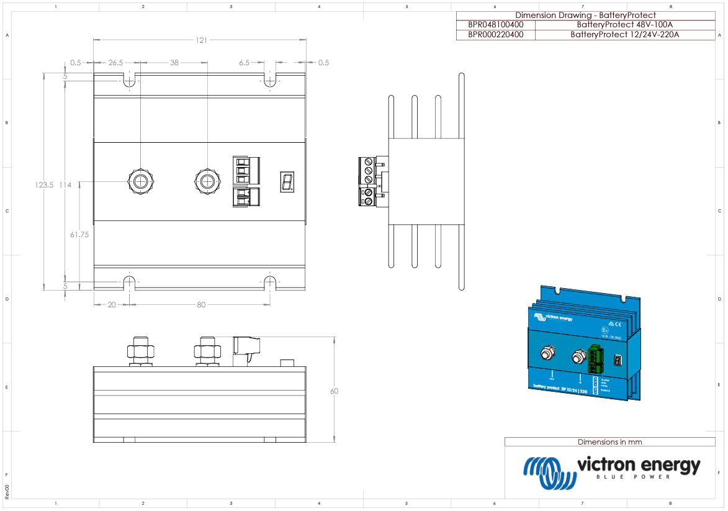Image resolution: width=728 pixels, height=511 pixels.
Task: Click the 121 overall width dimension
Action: (x=202, y=40)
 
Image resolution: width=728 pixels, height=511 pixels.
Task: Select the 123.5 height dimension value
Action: (x=45, y=185)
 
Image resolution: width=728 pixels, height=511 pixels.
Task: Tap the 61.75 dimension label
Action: (x=80, y=235)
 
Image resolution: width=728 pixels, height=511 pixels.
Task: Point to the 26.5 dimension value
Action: (x=115, y=63)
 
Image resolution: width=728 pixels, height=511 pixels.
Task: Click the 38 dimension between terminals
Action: (x=174, y=63)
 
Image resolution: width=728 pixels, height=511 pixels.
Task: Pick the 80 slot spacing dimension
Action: (x=201, y=305)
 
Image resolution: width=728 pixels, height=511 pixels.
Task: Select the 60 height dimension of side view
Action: (x=335, y=391)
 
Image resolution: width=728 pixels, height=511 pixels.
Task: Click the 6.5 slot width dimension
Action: (x=244, y=63)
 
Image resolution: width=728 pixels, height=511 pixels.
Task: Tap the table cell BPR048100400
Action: (x=495, y=25)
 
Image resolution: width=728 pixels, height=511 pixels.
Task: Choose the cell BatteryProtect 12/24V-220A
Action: (x=624, y=35)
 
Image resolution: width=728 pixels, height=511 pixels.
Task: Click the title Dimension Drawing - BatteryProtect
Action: (x=585, y=15)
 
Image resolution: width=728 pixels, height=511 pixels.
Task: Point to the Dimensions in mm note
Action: (x=609, y=442)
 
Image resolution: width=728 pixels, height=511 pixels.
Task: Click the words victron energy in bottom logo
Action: (x=638, y=465)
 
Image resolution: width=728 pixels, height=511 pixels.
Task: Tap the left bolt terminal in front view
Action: (x=141, y=181)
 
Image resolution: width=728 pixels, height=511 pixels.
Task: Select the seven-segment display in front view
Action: (x=287, y=182)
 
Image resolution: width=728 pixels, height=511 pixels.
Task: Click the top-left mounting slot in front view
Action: (x=129, y=81)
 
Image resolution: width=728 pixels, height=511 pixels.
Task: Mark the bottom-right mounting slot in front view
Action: (x=270, y=283)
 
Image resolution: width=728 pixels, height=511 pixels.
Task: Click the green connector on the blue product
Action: (x=595, y=358)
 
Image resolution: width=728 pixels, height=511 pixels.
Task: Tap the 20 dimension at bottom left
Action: (x=111, y=305)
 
